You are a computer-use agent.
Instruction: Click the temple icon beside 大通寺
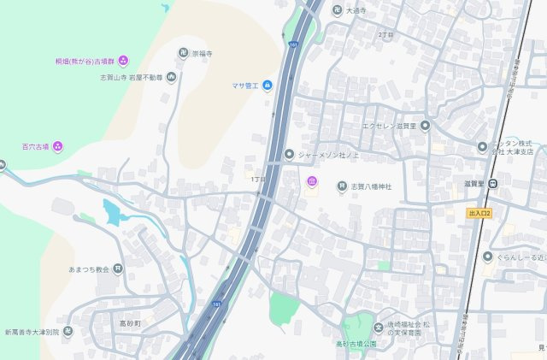(x=337, y=11)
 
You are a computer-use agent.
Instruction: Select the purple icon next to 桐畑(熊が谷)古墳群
(x=123, y=60)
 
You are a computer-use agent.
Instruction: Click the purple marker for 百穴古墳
(x=58, y=146)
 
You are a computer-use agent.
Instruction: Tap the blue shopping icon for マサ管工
(x=267, y=85)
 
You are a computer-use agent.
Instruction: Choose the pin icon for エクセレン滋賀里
(x=425, y=126)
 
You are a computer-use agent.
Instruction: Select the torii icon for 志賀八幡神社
(x=343, y=186)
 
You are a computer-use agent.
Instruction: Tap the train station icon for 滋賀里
(x=505, y=183)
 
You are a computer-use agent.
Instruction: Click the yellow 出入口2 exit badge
(x=480, y=212)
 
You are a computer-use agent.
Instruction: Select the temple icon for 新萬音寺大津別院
(x=68, y=332)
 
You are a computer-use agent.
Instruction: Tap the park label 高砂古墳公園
(x=356, y=344)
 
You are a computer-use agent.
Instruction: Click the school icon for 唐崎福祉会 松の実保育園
(x=379, y=328)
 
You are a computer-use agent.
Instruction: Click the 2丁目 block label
(x=385, y=35)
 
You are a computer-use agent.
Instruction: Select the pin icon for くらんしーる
(x=487, y=257)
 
